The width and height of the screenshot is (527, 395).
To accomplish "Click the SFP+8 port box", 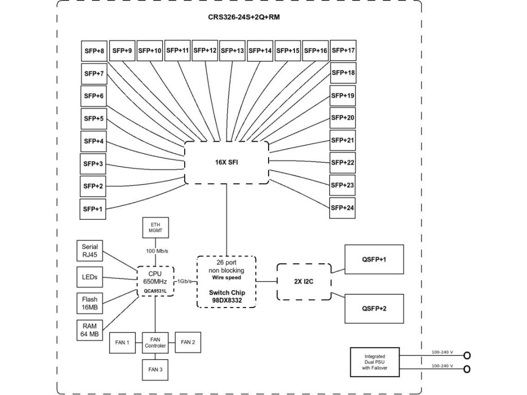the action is [x=94, y=51].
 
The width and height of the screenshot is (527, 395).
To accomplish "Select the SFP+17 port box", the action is [x=343, y=50].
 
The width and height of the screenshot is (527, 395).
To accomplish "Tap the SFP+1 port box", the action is [x=93, y=209].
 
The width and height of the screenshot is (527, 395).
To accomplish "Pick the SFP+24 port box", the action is [x=342, y=208].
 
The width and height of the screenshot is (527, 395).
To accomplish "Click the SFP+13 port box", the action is [x=232, y=51].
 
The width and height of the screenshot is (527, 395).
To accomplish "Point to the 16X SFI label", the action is [x=226, y=162].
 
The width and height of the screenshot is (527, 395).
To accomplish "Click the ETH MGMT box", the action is [x=155, y=227].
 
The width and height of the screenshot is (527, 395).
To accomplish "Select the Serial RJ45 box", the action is [x=90, y=250].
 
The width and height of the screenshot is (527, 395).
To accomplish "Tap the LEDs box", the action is [x=90, y=277].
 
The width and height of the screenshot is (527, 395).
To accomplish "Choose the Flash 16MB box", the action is [x=90, y=303].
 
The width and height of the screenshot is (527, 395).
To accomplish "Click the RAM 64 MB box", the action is [x=90, y=330].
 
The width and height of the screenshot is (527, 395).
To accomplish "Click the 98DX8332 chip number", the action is [x=227, y=300].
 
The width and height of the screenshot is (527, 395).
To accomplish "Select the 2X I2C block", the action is [x=304, y=282].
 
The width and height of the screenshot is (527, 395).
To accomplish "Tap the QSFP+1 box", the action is [x=374, y=259].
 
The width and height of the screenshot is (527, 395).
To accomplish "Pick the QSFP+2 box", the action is [x=374, y=309].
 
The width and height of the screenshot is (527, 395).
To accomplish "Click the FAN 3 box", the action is [x=155, y=370].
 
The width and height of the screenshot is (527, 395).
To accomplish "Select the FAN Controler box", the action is [x=155, y=343].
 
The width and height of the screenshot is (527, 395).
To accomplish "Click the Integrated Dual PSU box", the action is [x=375, y=362].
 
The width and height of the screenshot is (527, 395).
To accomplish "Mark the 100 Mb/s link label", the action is [x=157, y=251].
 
